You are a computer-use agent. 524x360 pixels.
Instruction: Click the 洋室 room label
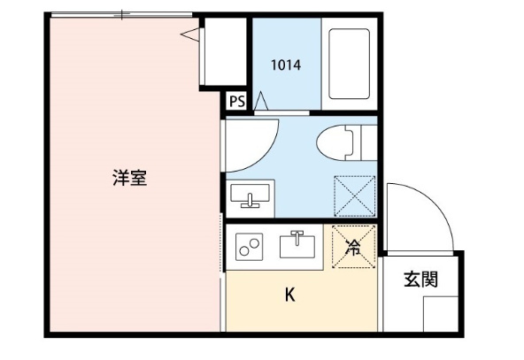point(129,178)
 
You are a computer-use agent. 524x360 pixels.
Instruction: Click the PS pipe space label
point(236,101)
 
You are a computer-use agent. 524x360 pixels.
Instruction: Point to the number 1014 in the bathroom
point(285,64)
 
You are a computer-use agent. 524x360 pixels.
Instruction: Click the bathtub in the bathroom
point(347,64)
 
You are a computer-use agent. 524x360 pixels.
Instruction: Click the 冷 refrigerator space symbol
point(353,248)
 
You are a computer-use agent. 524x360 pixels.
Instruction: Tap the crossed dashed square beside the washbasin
point(354,195)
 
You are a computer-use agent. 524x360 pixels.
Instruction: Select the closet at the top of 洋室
point(221,53)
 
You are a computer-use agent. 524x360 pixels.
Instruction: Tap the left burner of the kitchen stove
point(243,244)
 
